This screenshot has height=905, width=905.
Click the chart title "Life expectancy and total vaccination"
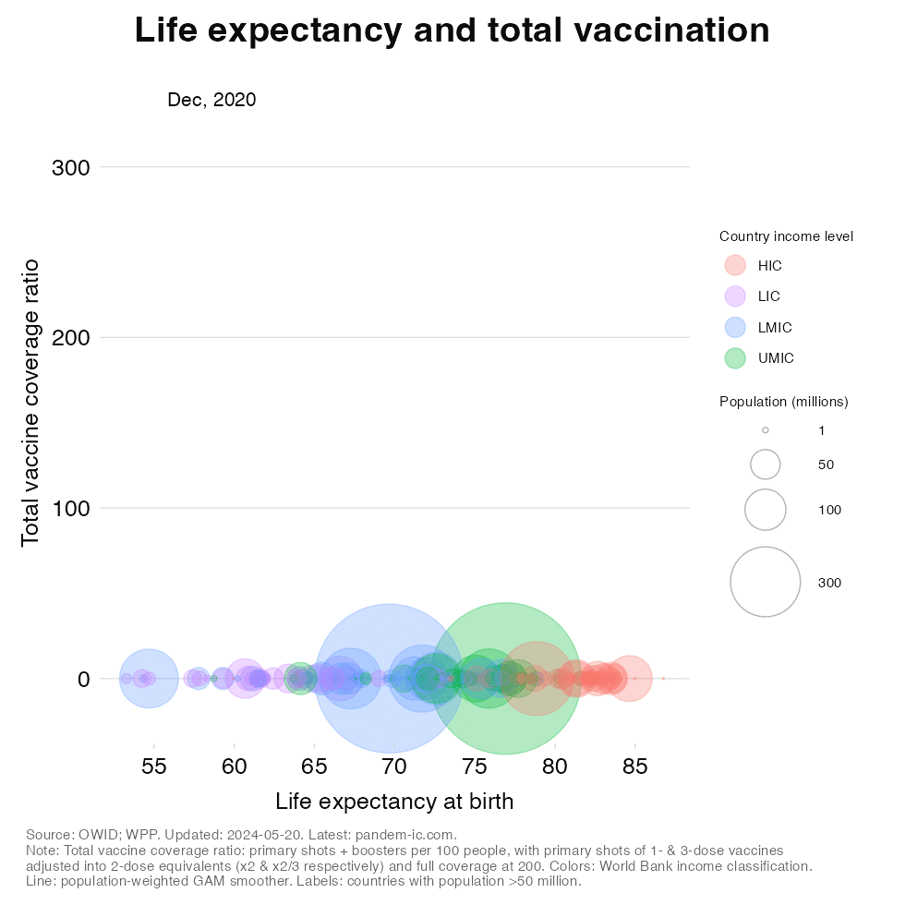(452, 30)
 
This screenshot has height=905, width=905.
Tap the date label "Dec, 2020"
(211, 100)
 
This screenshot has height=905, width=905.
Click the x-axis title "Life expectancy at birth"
(394, 801)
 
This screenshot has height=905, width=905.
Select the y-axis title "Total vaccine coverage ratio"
(30, 402)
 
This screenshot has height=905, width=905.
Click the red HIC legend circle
(735, 265)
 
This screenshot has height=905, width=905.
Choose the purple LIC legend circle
(735, 296)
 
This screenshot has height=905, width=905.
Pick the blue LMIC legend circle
(735, 327)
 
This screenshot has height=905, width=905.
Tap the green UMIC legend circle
(735, 358)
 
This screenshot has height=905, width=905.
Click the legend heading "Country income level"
(786, 236)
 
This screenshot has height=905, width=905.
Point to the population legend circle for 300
(765, 582)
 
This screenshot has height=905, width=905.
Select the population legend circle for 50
(766, 465)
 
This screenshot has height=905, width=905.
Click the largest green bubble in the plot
(505, 679)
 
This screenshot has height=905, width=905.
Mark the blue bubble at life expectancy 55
(150, 679)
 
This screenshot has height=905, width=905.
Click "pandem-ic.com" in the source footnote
(412, 835)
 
